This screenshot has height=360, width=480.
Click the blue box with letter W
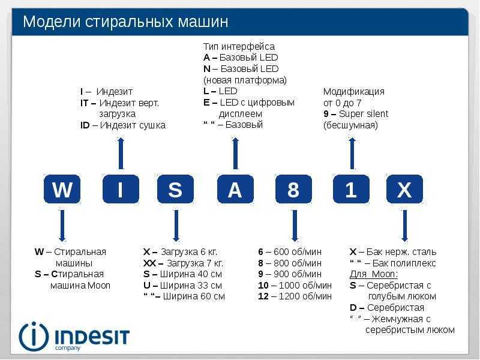click(62, 189)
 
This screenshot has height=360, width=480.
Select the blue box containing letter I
click(121, 189)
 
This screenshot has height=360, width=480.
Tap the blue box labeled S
click(175, 189)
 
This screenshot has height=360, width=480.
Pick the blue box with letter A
click(235, 189)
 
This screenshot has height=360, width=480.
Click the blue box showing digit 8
click(293, 189)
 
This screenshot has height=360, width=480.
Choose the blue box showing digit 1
click(351, 189)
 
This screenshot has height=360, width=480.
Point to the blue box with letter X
click(404, 189)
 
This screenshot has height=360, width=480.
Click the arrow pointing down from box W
click(62, 226)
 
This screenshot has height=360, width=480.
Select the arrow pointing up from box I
click(121, 153)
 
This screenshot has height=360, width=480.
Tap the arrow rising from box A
click(235, 153)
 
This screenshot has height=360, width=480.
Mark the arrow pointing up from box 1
click(352, 153)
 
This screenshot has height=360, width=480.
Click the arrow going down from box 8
click(295, 226)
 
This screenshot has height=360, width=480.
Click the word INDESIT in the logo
click(92, 337)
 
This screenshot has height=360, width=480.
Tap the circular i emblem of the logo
click(34, 337)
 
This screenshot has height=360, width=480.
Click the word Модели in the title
click(52, 22)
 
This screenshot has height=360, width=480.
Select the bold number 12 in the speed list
click(263, 296)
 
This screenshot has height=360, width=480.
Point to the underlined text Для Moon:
click(374, 274)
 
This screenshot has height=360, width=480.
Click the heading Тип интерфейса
click(239, 47)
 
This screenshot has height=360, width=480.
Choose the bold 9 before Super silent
click(326, 114)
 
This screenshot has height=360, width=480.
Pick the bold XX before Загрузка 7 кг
click(149, 263)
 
